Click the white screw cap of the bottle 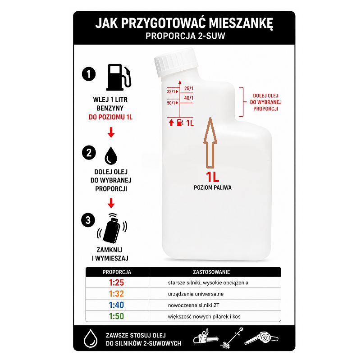pos(176,62)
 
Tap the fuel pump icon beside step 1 pos(119,77)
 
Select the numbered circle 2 pos(89,152)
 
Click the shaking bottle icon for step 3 pos(112,228)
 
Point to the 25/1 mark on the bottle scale pos(189,88)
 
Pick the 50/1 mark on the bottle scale pos(171,103)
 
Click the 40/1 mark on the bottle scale pos(189,98)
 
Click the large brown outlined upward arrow pos(210,143)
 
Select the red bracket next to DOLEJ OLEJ pos(242,102)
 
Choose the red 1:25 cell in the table pos(116,283)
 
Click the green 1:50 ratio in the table pos(116,316)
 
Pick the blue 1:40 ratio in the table pos(116,305)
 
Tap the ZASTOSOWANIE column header pos(211,272)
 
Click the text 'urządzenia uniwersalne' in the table pos(196,294)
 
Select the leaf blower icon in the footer pos(261,338)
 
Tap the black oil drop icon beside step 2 pos(111,155)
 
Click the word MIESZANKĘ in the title pos(241,23)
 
